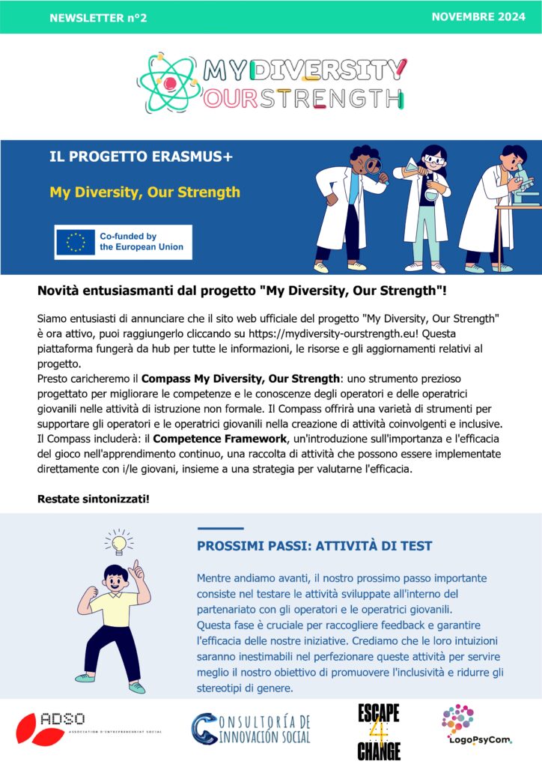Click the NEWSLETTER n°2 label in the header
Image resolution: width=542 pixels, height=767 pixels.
pos(98,18)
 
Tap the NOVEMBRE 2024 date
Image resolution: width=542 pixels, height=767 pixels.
pos(479,17)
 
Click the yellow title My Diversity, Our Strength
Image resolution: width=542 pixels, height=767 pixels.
pos(144,192)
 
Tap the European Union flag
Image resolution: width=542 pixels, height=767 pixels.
pos(76,241)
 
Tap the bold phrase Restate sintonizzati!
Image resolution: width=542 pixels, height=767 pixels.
pos(93,498)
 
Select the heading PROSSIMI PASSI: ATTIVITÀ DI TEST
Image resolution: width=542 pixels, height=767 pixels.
pos(314,546)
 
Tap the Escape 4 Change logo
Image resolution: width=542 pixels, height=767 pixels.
pos(378,730)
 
